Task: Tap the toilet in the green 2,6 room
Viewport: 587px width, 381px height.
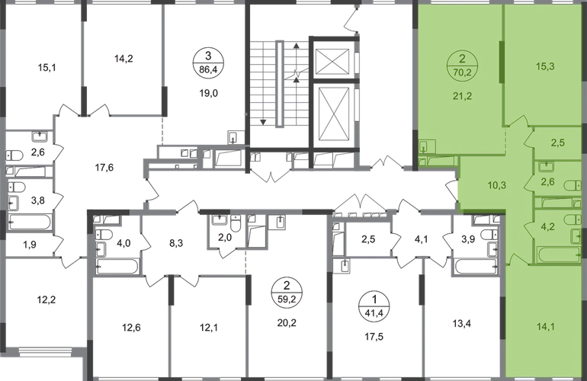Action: pos(545,165)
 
